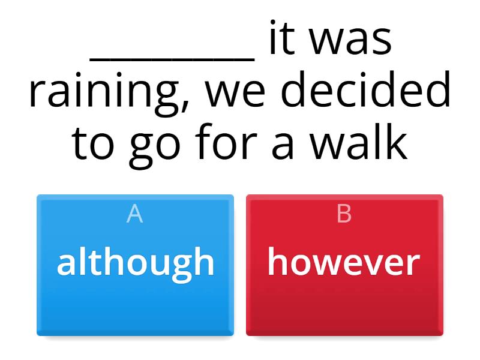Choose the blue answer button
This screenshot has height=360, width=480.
tap(135, 265)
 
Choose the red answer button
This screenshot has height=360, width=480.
tap(344, 265)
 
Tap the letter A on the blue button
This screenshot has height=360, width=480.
tap(135, 214)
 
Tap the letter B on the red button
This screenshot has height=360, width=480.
tap(344, 214)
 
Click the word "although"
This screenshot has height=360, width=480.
tap(135, 263)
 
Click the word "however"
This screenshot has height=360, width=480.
tap(344, 263)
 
